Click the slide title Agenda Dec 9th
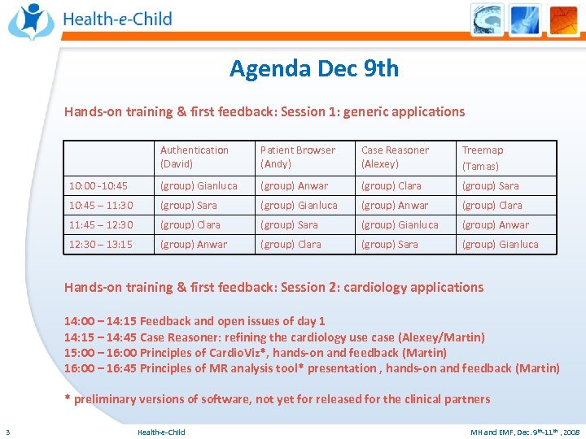pos(314,68)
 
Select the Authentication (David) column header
pos(195,157)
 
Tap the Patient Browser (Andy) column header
pos(297,157)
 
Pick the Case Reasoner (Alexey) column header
pos(395,157)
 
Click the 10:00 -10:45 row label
pos(98,186)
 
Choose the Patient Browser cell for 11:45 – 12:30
pos(290,225)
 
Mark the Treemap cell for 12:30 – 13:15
pos(500,245)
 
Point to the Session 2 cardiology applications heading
pos(273,287)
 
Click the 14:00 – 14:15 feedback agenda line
pos(195,321)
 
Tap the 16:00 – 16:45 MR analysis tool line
pos(312,368)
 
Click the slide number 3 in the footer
pos(7,432)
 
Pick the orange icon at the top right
pos(562,20)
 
